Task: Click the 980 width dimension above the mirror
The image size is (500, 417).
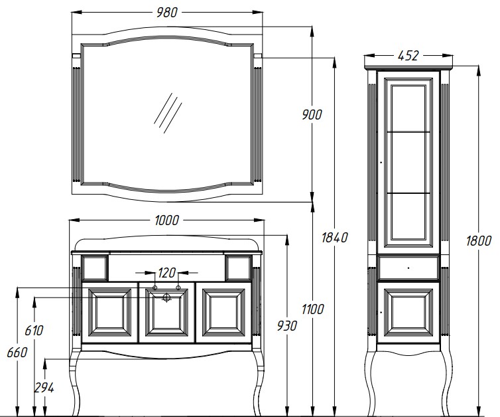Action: tap(166, 13)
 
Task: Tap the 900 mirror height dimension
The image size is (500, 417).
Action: tap(312, 114)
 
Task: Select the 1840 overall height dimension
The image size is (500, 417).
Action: tap(334, 238)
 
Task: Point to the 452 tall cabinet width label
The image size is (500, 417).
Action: tap(408, 56)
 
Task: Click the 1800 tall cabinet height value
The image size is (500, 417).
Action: tap(479, 241)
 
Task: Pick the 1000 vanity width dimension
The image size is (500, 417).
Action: tap(166, 220)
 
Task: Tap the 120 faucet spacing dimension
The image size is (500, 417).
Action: tap(166, 273)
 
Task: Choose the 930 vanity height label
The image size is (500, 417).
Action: tap(286, 325)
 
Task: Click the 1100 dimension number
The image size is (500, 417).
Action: tap(312, 309)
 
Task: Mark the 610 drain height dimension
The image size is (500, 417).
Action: tap(34, 331)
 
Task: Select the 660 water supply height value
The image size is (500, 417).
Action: tap(17, 353)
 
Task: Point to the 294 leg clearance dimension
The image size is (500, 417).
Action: tap(44, 388)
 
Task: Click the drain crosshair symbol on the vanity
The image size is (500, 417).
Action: tap(166, 298)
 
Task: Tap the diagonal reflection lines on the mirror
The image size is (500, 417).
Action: tap(168, 113)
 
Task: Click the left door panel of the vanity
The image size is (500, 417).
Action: tap(109, 313)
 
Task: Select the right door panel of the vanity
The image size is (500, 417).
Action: tap(223, 313)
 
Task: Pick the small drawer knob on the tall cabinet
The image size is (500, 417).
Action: tap(408, 268)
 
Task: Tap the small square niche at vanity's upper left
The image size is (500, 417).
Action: tap(95, 268)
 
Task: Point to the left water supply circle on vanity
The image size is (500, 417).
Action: tap(155, 288)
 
